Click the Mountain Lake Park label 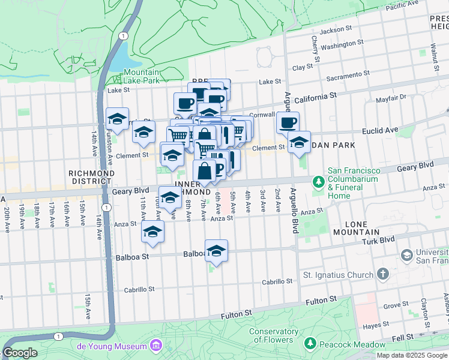coord(142,76)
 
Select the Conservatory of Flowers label coord(274,335)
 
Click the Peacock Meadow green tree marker coord(310,344)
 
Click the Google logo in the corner coord(20,353)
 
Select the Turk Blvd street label coord(379,239)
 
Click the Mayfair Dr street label coord(393,97)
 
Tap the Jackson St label coord(336,29)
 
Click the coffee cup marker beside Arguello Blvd coord(288,123)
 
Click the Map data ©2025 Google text coord(412,355)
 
